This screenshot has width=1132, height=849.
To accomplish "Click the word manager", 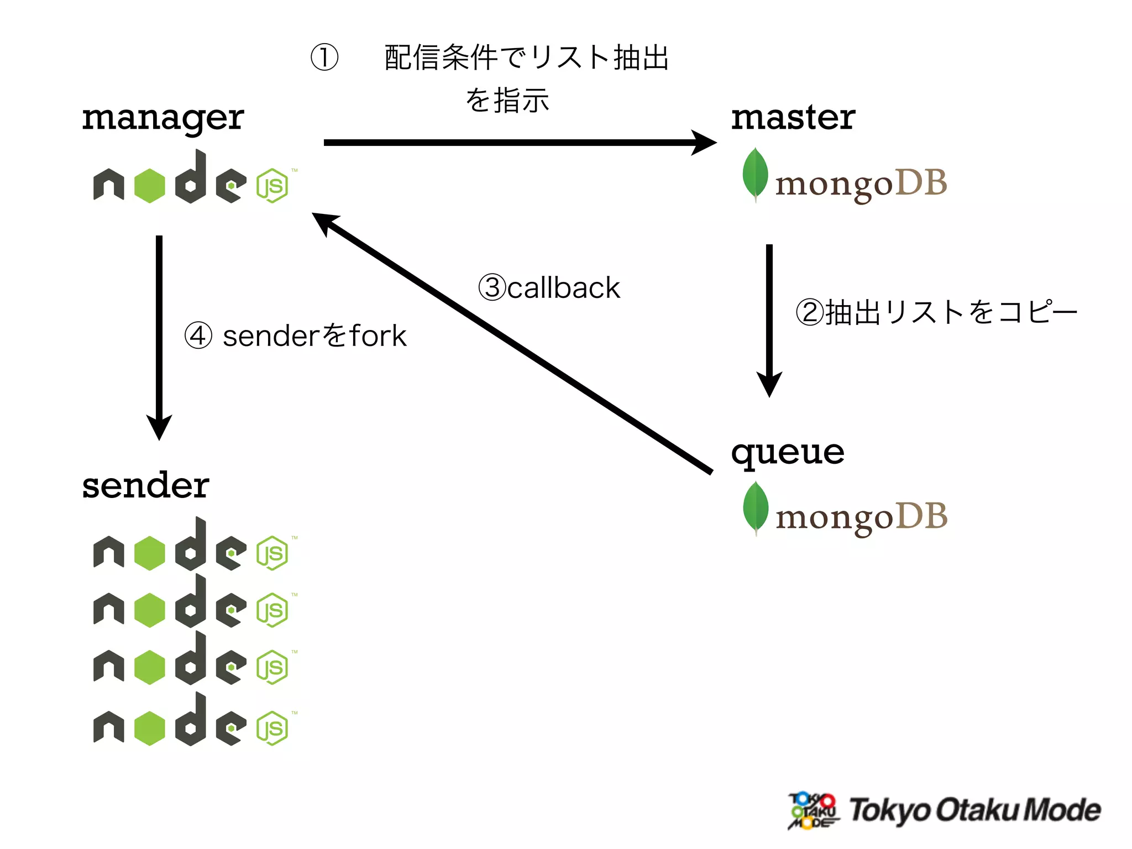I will (x=163, y=118).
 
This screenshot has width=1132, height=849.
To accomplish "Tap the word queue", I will (x=787, y=453).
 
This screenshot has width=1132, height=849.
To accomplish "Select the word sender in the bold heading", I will (x=145, y=485).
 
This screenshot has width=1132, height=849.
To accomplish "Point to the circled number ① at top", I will (x=324, y=57).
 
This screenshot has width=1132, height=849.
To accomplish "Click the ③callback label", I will (x=549, y=287).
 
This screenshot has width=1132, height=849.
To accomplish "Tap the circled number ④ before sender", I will (x=198, y=336).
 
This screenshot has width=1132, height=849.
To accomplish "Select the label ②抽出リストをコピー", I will (x=936, y=312).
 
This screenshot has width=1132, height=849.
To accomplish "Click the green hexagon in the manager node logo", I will (x=150, y=186).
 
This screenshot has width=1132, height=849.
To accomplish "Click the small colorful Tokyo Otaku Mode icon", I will (x=813, y=810).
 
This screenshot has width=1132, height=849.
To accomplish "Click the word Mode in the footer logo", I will (x=1062, y=810).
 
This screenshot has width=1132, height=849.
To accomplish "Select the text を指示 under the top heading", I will (x=507, y=101).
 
